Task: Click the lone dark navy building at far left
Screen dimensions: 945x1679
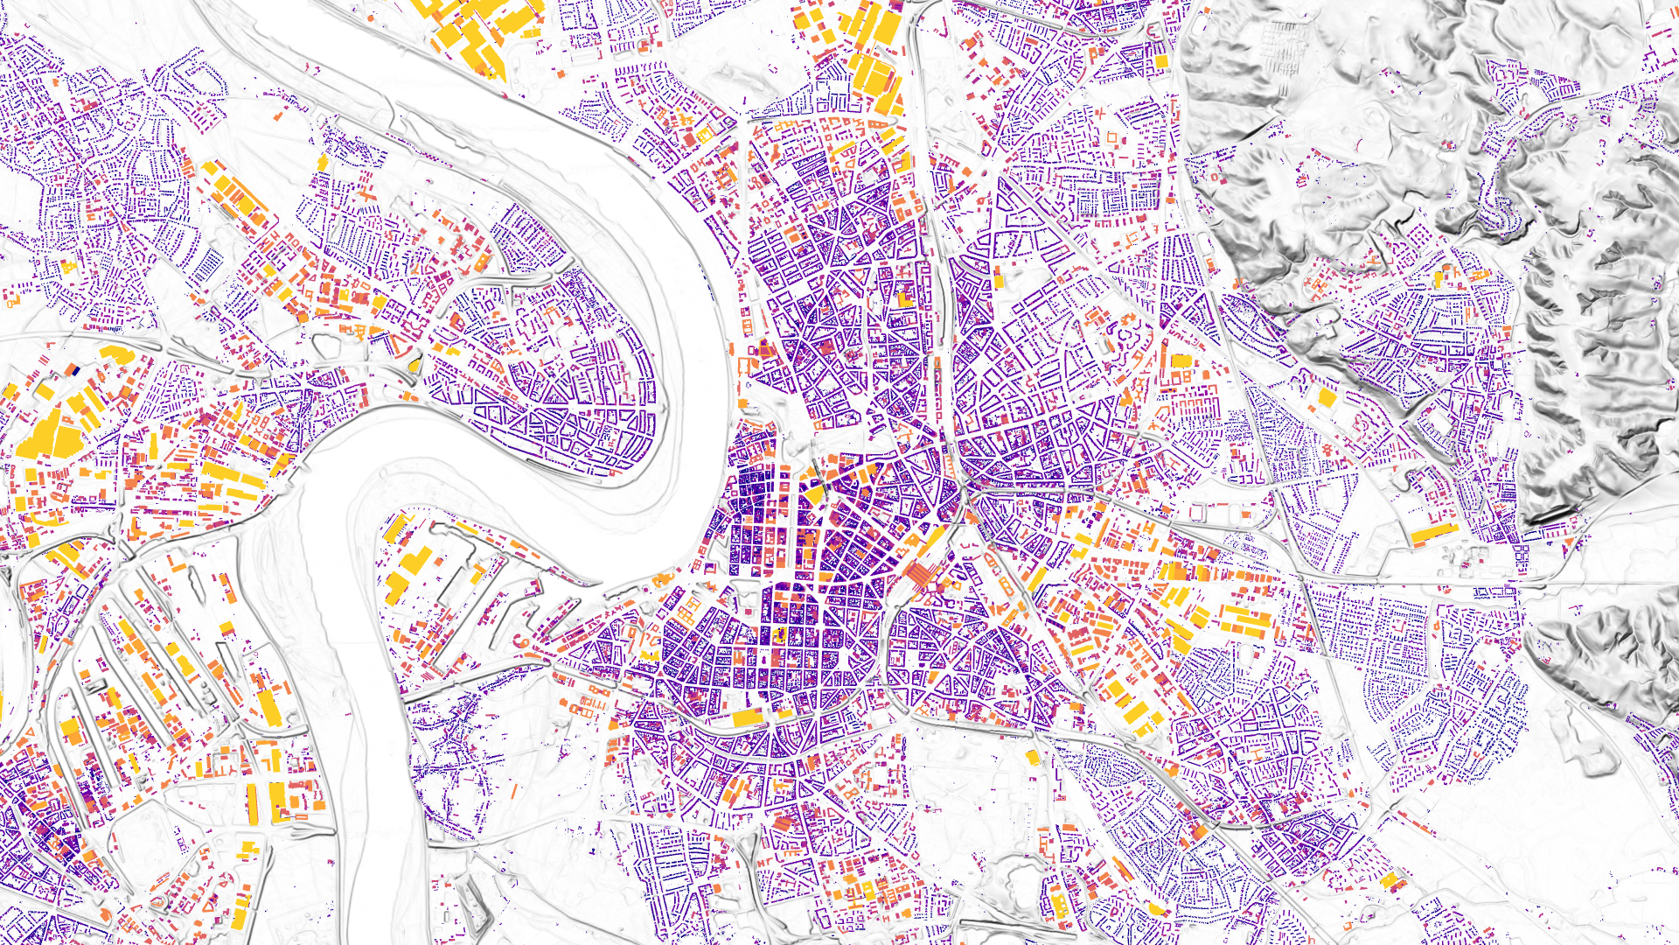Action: (x=76, y=371)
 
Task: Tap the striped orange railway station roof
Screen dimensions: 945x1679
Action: (x=920, y=575)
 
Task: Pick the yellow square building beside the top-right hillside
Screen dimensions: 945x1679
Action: (x=1161, y=61)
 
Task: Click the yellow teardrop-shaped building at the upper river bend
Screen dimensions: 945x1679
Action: (x=415, y=364)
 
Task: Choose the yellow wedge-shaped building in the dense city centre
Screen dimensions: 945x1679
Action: (x=814, y=495)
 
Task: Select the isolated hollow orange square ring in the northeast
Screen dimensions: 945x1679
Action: (x=1112, y=137)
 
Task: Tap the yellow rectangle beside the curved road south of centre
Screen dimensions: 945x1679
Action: (x=748, y=718)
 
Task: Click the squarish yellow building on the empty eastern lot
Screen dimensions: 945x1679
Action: (x=1327, y=398)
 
